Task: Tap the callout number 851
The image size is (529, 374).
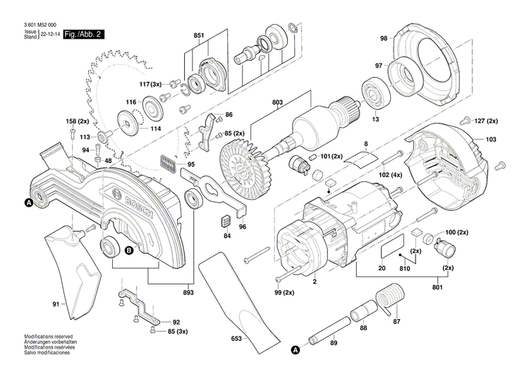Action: tap(199, 35)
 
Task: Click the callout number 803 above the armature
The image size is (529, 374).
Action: tap(277, 104)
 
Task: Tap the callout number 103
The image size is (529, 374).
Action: tap(491, 140)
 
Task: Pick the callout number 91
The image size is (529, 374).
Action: tap(55, 305)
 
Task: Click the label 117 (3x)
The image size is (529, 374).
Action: tap(150, 85)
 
